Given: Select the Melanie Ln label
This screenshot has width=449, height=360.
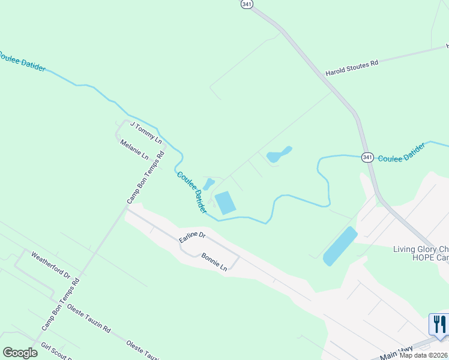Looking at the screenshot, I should (x=134, y=150).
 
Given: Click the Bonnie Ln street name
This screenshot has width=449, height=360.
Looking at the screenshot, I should (x=214, y=261).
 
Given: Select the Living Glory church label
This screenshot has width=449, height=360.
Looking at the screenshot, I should (x=420, y=249).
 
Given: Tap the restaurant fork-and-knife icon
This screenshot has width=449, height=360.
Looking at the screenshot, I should (x=439, y=324).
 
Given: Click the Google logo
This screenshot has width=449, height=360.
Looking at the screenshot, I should (x=20, y=352).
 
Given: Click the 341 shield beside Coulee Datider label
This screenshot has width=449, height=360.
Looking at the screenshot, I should (x=368, y=157).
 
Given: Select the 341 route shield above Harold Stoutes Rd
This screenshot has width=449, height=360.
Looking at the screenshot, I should (x=247, y=4).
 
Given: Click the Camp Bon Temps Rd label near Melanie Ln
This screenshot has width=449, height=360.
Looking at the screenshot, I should (x=146, y=178).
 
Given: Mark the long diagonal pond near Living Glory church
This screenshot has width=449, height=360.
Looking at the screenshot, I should (x=340, y=246).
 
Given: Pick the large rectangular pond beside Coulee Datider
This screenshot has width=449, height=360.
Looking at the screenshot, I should (x=225, y=203).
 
